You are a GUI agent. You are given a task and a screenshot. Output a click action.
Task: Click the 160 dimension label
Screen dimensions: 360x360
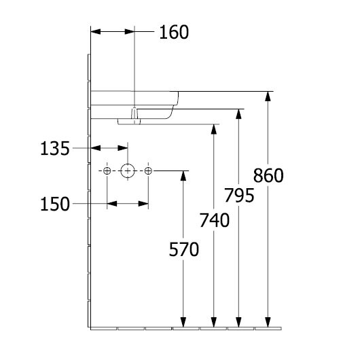174,32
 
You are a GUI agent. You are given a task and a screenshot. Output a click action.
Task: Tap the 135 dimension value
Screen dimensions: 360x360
54,149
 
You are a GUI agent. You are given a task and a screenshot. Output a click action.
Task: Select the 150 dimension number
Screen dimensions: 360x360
54,204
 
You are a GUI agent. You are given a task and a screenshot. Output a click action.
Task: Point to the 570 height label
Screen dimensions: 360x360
183,249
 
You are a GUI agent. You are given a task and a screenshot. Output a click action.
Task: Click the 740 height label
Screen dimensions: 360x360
214,220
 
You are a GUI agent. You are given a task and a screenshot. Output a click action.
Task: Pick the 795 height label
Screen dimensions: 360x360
239,196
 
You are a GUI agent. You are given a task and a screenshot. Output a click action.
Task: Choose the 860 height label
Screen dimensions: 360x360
268,175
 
